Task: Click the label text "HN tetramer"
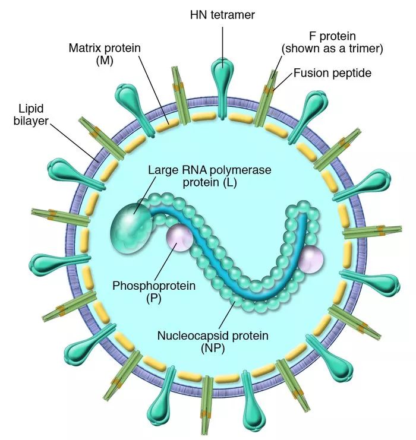pos(222,14)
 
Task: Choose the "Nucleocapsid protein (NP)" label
pos(213,342)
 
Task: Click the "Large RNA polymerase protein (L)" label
pos(209,176)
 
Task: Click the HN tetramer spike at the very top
pos(222,75)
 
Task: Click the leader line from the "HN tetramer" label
pos(222,42)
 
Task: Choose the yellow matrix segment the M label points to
pos(173,123)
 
